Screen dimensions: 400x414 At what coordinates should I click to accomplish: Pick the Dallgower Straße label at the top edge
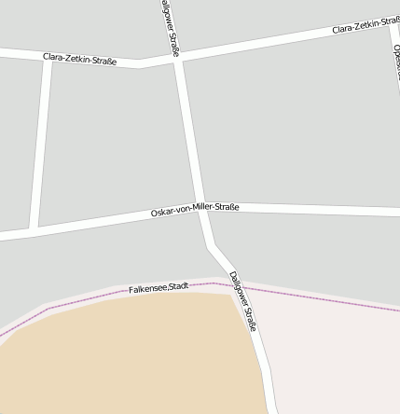click(169, 28)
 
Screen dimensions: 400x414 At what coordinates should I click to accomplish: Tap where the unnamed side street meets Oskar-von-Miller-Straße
click(34, 228)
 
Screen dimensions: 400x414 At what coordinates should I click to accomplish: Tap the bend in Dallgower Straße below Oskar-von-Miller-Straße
click(214, 245)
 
